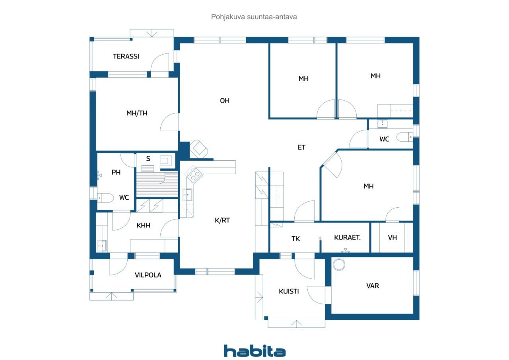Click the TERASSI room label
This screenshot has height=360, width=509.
click(126, 56)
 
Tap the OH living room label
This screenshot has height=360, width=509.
click(225, 101)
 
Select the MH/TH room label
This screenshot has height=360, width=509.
click(137, 113)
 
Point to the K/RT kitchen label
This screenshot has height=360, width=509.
click(222, 220)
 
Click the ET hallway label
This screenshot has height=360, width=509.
click(301, 147)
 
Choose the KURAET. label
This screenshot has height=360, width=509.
click(347, 237)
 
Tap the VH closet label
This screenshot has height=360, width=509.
click(392, 238)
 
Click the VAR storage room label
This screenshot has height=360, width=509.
click(373, 286)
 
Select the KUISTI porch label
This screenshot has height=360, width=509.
click(289, 291)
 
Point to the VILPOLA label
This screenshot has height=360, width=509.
click(148, 275)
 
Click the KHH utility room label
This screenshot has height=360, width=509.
click(143, 225)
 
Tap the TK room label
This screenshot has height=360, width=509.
click(295, 239)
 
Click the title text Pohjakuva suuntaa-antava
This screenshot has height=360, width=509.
click(254, 17)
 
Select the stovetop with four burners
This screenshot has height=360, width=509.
click(193, 174)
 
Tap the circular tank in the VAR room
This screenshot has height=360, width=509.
click(339, 265)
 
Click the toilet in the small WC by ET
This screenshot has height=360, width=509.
click(404, 137)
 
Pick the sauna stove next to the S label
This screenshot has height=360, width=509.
click(166, 160)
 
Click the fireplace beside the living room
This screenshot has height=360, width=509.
click(199, 149)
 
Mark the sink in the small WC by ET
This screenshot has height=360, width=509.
click(383, 124)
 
